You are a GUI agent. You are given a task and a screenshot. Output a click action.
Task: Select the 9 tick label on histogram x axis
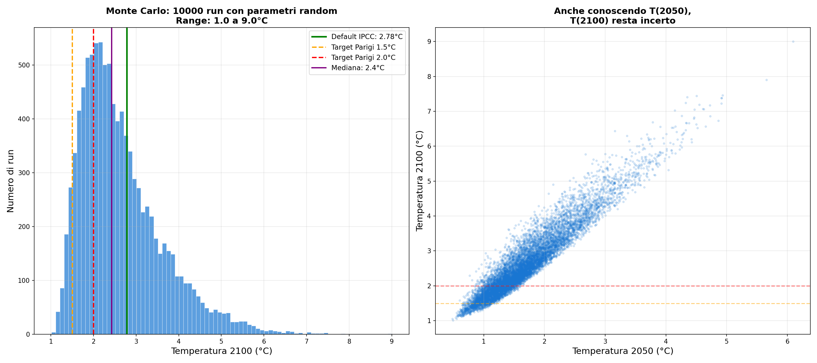(x=392, y=342)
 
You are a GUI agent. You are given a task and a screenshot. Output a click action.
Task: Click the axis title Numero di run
(x=11, y=181)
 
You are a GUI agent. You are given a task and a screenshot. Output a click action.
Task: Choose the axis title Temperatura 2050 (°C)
(x=622, y=351)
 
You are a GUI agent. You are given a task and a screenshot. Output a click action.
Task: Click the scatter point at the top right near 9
(x=793, y=41)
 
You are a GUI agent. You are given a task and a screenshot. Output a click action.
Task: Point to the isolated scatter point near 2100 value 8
(x=766, y=80)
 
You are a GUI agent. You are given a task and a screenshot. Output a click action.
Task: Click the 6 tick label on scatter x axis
(x=787, y=342)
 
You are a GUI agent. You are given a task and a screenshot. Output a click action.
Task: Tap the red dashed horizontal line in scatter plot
(x=698, y=286)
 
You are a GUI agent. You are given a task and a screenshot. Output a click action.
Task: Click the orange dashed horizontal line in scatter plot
(x=698, y=304)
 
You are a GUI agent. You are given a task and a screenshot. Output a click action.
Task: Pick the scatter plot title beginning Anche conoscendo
(x=622, y=16)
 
